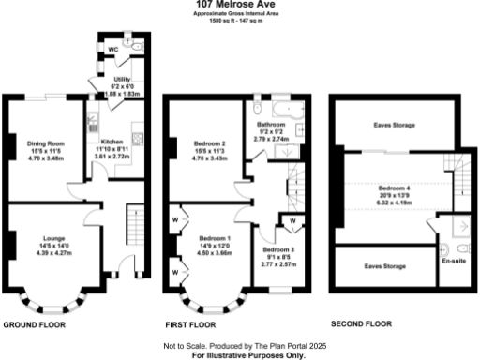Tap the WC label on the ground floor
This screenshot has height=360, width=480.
(x=112, y=45)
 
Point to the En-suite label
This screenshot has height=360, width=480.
(x=454, y=261)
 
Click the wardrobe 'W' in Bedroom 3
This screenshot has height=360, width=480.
(x=292, y=221)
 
